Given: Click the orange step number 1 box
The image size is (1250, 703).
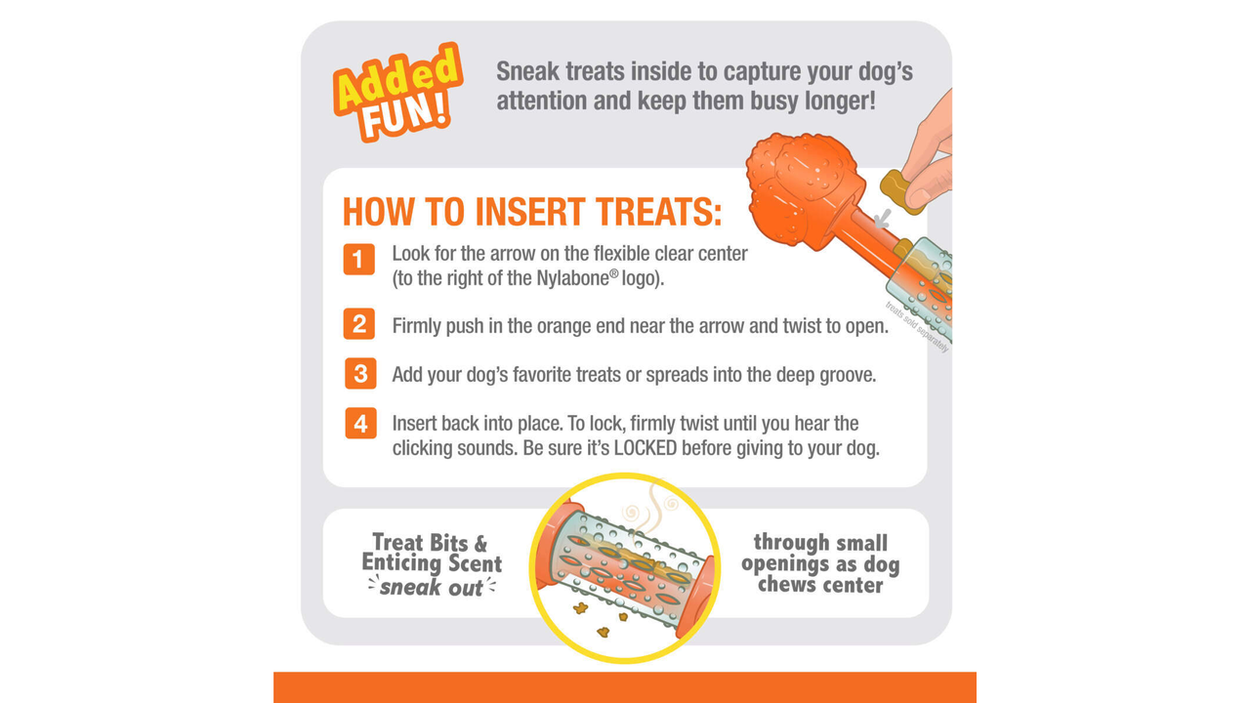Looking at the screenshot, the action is click(358, 259).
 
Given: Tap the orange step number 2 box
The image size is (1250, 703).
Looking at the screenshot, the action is click(358, 323).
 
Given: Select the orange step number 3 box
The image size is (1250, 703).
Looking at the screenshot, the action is click(360, 373).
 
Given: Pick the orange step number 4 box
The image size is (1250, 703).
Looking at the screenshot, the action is click(360, 424).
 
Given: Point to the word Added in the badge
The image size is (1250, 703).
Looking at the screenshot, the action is click(397, 77).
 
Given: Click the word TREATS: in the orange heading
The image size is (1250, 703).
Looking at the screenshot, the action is click(659, 212).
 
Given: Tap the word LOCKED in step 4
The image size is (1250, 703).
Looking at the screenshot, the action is click(646, 448).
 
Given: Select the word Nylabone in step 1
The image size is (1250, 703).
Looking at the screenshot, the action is click(572, 278).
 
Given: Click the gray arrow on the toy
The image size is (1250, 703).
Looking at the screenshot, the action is click(882, 219).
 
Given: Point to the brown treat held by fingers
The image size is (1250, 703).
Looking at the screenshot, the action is click(898, 191).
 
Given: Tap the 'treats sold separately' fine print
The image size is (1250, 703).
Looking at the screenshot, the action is click(917, 327).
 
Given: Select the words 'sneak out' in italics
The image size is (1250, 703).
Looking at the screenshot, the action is click(432, 588).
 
